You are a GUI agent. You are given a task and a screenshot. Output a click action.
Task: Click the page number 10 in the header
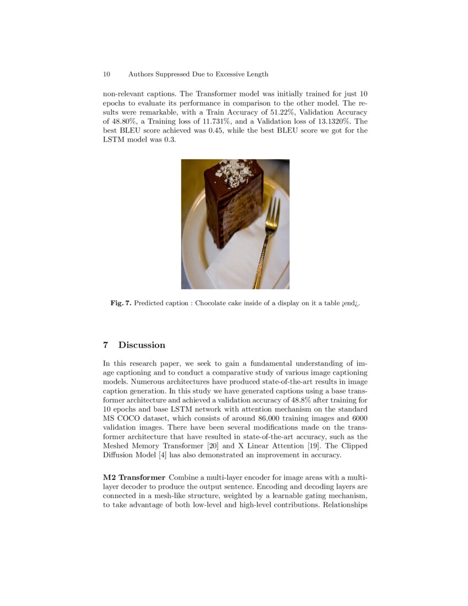pos(106,74)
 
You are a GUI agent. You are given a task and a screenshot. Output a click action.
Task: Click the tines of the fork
pos(273,212)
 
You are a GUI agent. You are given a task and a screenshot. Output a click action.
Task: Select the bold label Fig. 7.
pos(121,303)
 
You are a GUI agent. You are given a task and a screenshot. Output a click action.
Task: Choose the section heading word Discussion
pos(142,345)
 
